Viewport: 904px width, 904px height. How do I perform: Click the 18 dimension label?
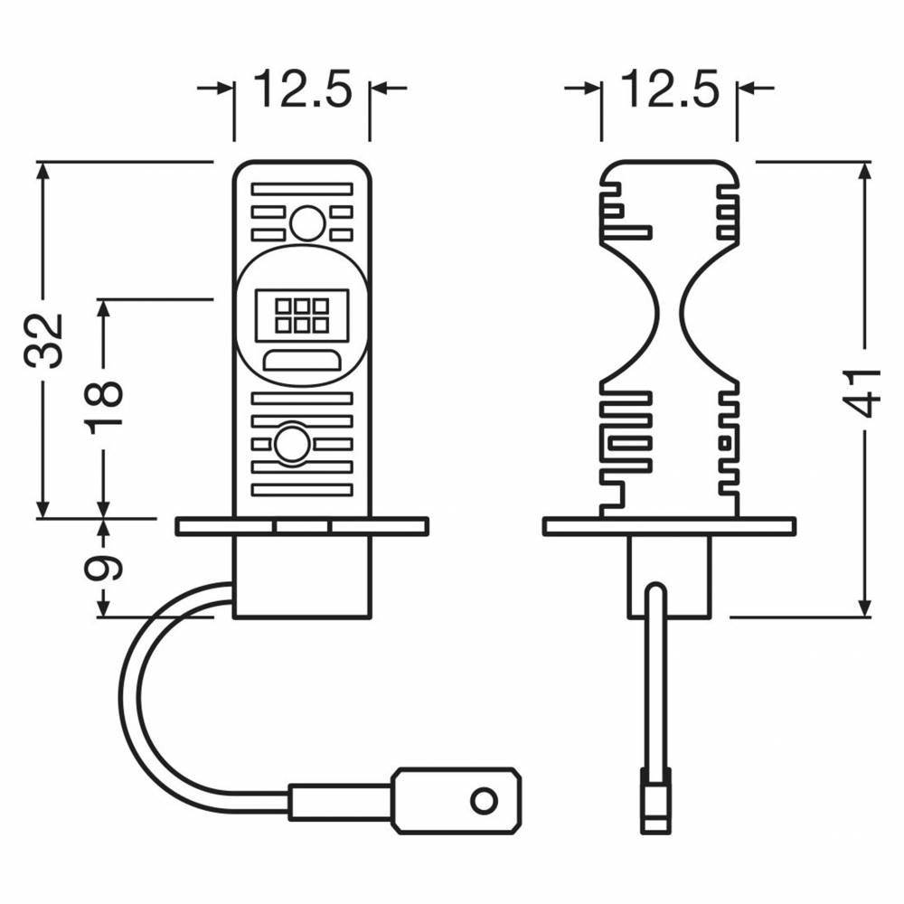tap(104, 403)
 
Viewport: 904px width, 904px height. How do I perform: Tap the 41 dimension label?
tap(864, 392)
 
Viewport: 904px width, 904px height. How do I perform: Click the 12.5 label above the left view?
tap(302, 89)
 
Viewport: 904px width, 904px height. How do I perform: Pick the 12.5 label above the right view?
tap(670, 89)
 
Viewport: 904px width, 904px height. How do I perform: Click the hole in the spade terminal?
tap(484, 800)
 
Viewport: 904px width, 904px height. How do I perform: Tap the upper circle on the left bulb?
tap(307, 223)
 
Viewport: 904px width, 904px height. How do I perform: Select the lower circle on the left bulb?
tap(292, 444)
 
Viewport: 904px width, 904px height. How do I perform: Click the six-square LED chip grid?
tap(302, 315)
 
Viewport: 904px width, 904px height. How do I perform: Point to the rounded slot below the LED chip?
tap(302, 361)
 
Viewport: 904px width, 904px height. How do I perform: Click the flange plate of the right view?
tap(669, 526)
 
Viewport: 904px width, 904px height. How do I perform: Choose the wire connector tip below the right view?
tap(656, 800)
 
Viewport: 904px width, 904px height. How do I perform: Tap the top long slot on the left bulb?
tap(302, 189)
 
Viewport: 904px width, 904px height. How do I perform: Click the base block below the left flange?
tap(302, 577)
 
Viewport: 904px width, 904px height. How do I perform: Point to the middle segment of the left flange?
tap(302, 526)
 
